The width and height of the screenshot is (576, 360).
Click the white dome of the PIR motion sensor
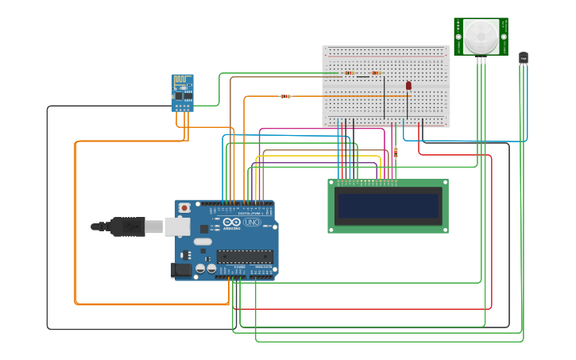[481, 35]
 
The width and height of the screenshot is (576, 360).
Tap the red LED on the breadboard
[408, 85]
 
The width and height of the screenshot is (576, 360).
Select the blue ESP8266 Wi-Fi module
[183, 93]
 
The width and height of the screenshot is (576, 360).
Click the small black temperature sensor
[523, 58]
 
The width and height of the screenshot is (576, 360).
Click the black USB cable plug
[127, 226]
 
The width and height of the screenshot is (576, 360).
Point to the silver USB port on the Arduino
[177, 226]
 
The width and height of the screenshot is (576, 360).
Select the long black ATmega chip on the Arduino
[245, 257]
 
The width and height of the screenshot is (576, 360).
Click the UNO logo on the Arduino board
[252, 223]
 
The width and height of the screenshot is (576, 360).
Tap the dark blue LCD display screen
[388, 206]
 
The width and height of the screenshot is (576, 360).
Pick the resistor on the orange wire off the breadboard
[285, 96]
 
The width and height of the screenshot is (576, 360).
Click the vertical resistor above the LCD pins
[395, 153]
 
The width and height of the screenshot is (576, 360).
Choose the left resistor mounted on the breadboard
[350, 73]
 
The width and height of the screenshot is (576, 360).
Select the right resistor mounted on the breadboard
[376, 73]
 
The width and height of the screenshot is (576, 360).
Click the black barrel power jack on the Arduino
[182, 270]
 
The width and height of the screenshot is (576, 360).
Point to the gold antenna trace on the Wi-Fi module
[183, 81]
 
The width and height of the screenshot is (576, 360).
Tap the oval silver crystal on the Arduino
[203, 242]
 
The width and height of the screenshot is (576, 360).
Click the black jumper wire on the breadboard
[385, 97]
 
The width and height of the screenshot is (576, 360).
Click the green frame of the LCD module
[388, 184]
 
